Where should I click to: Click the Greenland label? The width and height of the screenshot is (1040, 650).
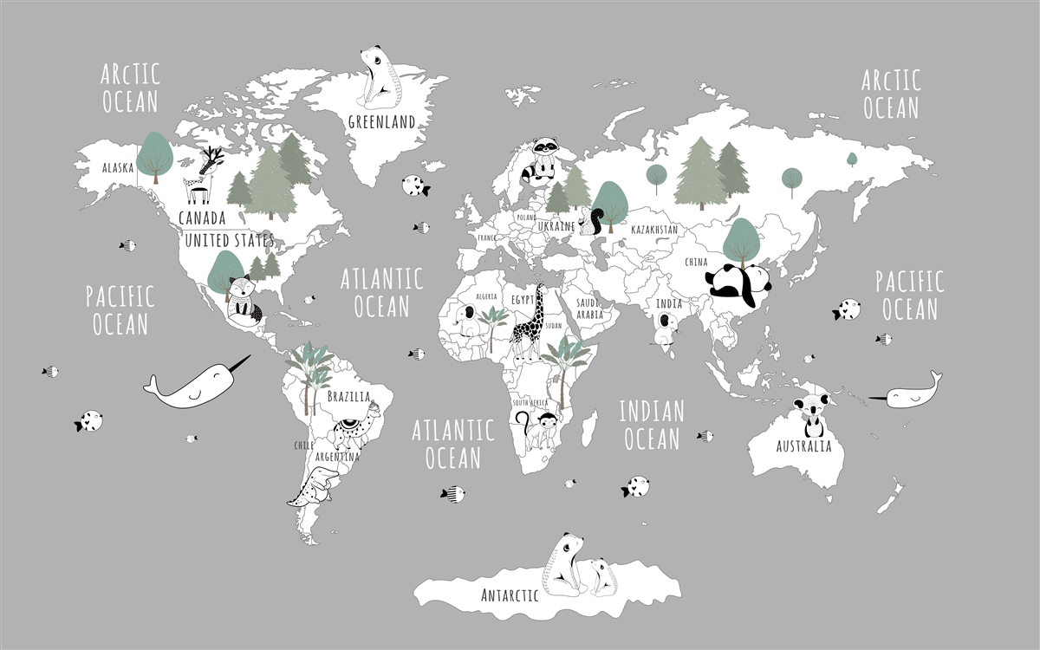381,121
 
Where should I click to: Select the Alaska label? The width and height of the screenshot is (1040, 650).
117,167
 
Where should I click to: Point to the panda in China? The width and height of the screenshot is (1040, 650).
739,284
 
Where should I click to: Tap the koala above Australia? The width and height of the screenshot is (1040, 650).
813,414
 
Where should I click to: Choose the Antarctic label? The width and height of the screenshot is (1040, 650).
510,595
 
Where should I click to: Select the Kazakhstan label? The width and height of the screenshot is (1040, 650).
653,230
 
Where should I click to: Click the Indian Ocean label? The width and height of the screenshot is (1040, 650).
652,425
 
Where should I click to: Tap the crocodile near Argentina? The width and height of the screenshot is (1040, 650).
309,487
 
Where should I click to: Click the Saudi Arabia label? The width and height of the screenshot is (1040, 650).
589,309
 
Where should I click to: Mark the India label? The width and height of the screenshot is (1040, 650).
668,304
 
